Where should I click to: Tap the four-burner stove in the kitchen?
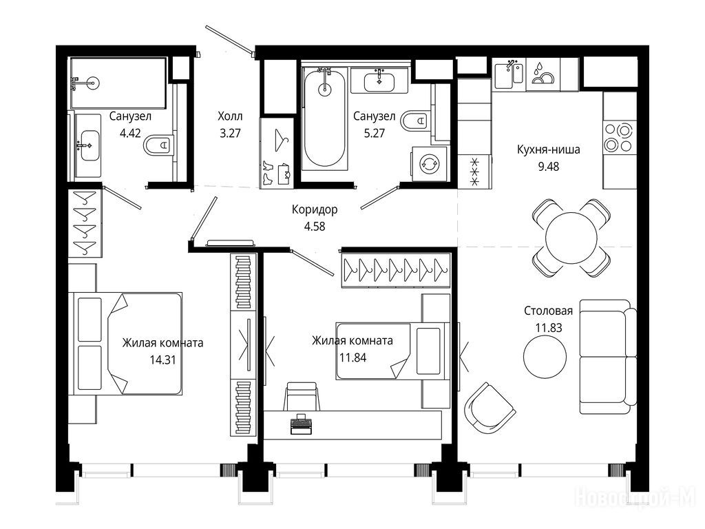coord(620,138)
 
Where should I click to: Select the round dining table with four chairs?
coord(571,238)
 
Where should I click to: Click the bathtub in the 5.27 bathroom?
coord(325,119)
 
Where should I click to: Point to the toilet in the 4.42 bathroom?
coord(158,145)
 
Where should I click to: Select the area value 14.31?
coord(162,360)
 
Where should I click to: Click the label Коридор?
coord(314,209)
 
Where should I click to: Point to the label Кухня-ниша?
coord(549,149)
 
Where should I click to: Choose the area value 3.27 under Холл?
coord(230,133)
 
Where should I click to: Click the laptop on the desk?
coord(302,424)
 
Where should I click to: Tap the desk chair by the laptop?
coord(302,396)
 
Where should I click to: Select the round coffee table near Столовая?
coord(545,356)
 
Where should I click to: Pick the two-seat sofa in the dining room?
coord(608,356)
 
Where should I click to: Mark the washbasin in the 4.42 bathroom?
coord(88,145)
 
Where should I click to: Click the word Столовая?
coord(549,311)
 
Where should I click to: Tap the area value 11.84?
coord(352,358)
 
